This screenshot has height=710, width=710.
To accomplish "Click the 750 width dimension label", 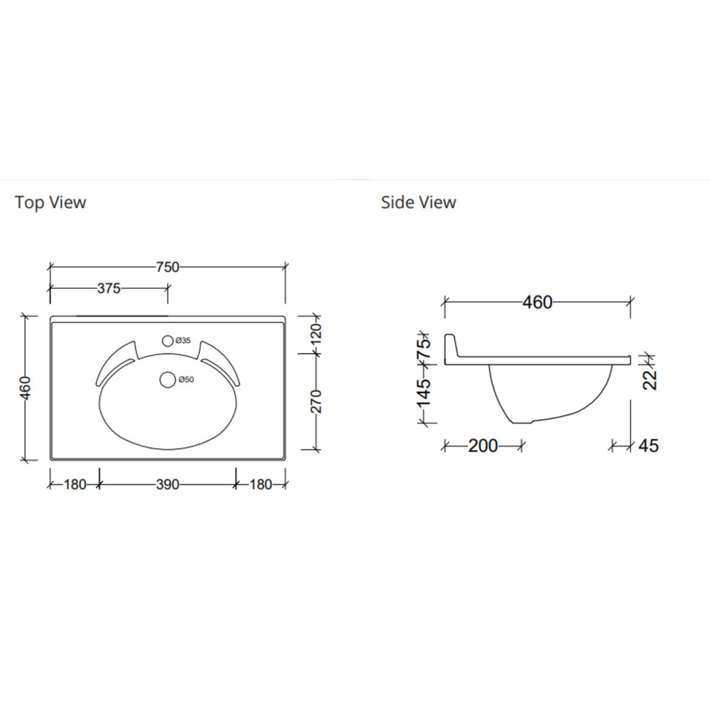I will tap(168, 267).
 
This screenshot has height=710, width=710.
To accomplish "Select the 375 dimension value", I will tap(109, 288).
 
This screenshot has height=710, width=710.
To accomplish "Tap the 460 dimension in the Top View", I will tap(26, 388).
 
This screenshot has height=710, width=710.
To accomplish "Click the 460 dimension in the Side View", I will tap(537, 302).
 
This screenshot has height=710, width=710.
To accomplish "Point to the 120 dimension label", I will tap(317, 332).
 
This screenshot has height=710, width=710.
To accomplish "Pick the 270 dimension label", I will tap(317, 401).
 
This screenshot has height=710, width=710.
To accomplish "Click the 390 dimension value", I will tap(168, 484).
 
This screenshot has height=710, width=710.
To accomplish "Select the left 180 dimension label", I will tap(74, 484).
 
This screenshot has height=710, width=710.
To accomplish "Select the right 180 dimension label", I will tap(261, 484).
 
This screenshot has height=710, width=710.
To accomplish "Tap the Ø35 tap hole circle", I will tap(168, 341).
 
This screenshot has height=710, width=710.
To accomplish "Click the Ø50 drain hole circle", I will tap(168, 380).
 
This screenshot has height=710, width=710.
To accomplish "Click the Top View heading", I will tap(50, 202).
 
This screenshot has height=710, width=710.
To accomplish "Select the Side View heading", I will tap(418, 202).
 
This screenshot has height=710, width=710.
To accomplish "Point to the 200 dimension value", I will tap(483, 446).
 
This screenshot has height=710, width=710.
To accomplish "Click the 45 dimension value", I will tap(648, 446).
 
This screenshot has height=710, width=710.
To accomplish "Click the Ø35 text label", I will tap(184, 342).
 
